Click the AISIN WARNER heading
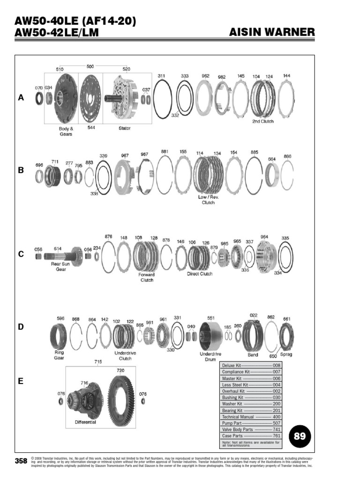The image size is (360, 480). [x=272, y=32]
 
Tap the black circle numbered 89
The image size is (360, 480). [x=299, y=436]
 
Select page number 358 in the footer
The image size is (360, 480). [x=21, y=461]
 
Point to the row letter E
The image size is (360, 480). [x=21, y=382]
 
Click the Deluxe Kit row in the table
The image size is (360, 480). [x=251, y=365]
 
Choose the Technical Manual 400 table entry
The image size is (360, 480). [x=251, y=417]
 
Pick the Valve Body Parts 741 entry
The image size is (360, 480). [x=251, y=429]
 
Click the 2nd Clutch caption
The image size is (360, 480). [x=262, y=121]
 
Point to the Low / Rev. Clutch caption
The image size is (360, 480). [x=208, y=200]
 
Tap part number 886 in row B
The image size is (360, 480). [x=287, y=156]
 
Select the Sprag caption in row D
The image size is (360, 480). [x=286, y=355]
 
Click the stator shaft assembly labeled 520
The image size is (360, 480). [x=123, y=99]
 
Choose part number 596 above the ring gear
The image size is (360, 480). [x=60, y=318]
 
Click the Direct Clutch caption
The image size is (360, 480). [x=200, y=274]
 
